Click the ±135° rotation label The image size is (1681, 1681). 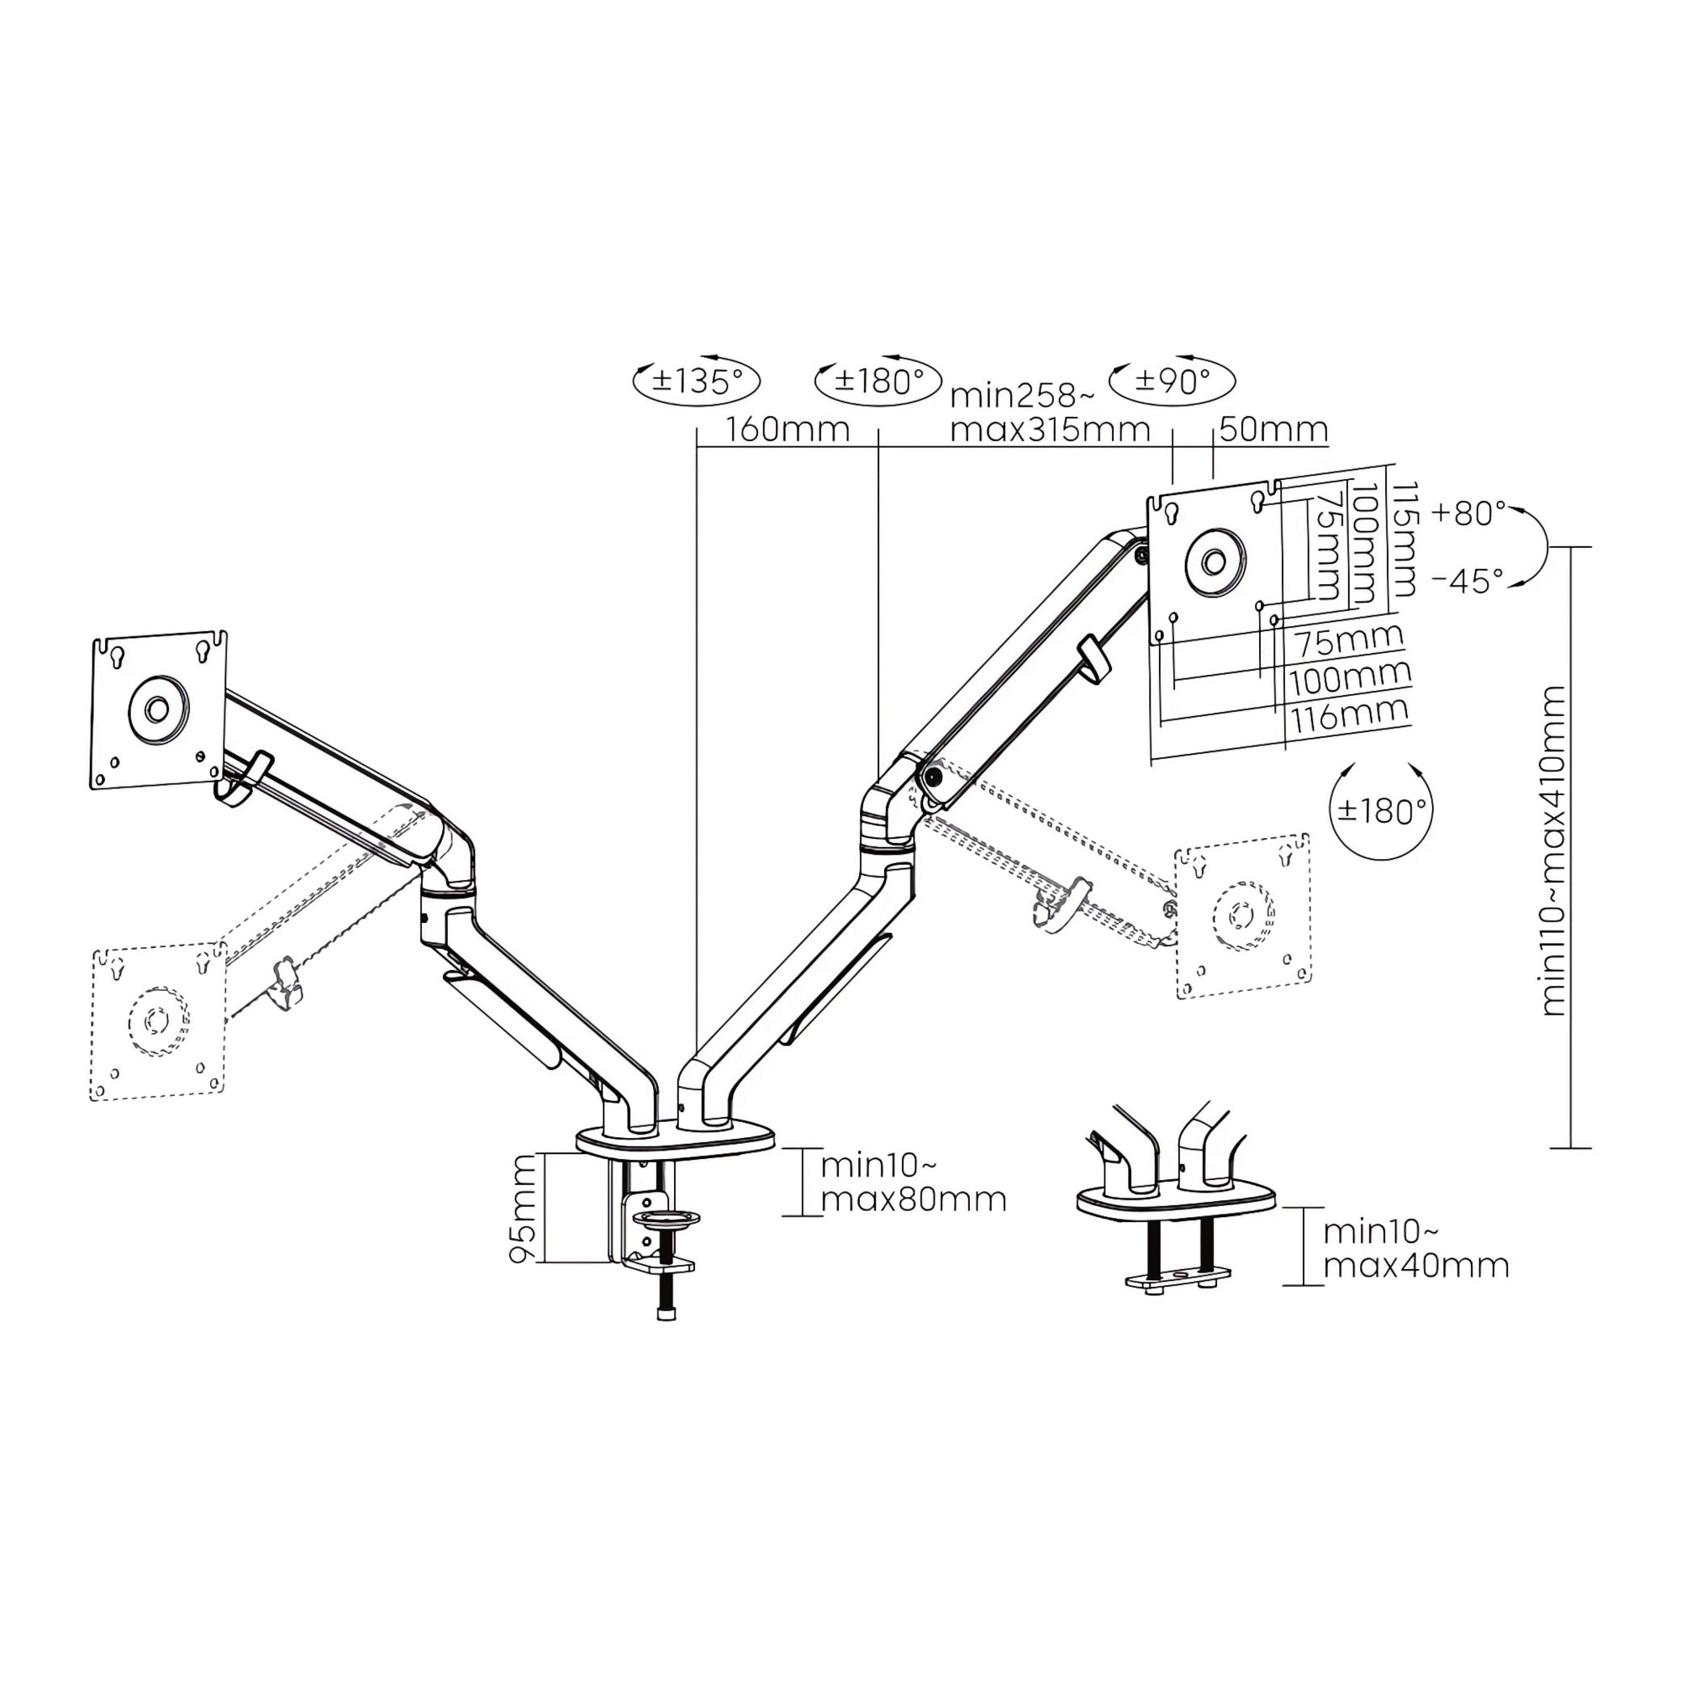[x=698, y=380]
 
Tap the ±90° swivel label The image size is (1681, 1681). [x=1172, y=380]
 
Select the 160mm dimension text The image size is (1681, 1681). [x=788, y=429]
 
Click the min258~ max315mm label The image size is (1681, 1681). [x=1050, y=413]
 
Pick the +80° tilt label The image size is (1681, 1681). [x=1469, y=514]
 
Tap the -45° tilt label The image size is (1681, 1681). [x=1468, y=580]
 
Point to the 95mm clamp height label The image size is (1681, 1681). [x=523, y=1209]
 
